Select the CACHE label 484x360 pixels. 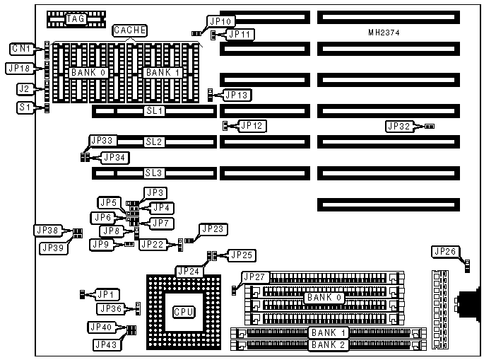[130, 30]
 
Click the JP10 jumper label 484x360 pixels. [221, 21]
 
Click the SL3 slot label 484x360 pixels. [154, 173]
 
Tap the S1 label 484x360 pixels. [25, 108]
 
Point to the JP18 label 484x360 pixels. [18, 68]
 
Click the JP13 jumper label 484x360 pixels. [237, 94]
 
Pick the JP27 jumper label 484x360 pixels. [255, 277]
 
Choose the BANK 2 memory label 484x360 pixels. [325, 345]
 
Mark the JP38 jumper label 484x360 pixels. [47, 230]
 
